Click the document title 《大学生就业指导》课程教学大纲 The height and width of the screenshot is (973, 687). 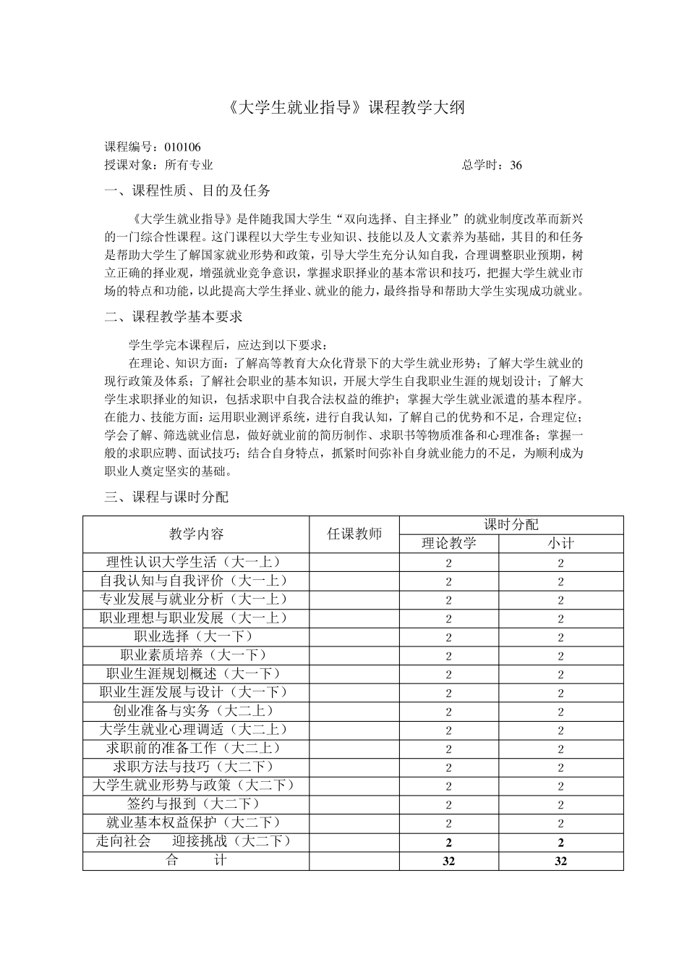coord(343,108)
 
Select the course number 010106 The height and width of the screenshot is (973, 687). coord(183,147)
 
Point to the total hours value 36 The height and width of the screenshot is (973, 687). coord(515,165)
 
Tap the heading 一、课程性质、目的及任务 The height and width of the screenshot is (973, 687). coord(188,191)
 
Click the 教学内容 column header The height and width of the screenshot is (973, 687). coord(196,534)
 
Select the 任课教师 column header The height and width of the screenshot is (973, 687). coord(354,534)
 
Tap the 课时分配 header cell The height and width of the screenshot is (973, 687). coord(511,525)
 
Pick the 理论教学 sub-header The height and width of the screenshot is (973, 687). coord(449,544)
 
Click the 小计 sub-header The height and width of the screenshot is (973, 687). coord(561,544)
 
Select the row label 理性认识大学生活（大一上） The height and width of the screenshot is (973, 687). coord(196,562)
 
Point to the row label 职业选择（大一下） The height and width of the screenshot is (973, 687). coord(196,636)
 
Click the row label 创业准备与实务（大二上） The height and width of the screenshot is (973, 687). coord(196,711)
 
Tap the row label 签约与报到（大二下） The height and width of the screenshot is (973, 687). coord(196,804)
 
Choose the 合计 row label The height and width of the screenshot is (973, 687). coord(196,860)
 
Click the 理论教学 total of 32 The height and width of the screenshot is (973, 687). coord(449,861)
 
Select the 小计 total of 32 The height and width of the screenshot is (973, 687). coord(561,861)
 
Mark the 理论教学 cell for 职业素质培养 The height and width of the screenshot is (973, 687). coord(449,656)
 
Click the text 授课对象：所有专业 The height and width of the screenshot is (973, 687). coord(159,165)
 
